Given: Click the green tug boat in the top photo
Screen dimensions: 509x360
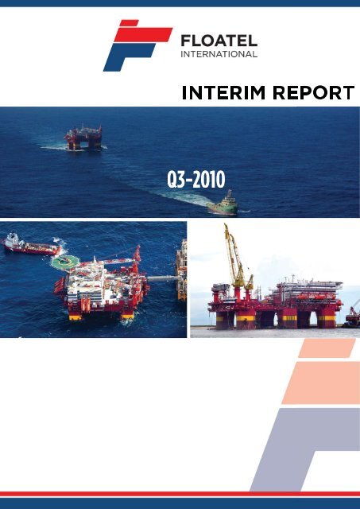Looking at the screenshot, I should (223, 203).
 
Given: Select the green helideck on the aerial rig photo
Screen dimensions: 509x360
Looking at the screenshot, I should (60, 261).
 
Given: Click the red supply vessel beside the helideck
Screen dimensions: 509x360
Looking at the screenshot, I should (29, 246).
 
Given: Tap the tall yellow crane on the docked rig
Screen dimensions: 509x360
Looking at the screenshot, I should (236, 254).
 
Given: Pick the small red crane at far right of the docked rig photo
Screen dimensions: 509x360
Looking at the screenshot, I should (353, 312).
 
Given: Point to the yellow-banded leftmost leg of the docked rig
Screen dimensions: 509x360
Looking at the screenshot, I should (223, 319).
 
